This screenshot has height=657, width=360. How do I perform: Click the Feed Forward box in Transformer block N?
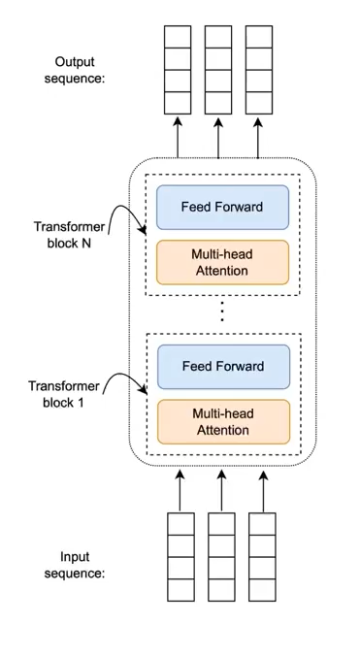pyautogui.click(x=222, y=207)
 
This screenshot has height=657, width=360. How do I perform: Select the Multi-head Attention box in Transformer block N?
pyautogui.click(x=222, y=262)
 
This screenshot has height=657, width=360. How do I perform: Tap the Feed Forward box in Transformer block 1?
pyautogui.click(x=222, y=366)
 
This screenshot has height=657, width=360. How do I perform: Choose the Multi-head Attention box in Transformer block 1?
pyautogui.click(x=222, y=421)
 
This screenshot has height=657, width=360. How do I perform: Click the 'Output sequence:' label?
pyautogui.click(x=80, y=70)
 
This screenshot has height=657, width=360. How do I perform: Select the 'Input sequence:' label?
pyautogui.click(x=82, y=565)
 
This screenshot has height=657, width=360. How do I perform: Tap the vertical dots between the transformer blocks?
pyautogui.click(x=222, y=312)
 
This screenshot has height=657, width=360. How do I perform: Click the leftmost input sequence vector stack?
pyautogui.click(x=180, y=557)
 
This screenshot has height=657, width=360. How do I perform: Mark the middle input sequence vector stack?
pyautogui.click(x=221, y=557)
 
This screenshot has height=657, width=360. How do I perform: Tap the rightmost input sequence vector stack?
pyautogui.click(x=262, y=557)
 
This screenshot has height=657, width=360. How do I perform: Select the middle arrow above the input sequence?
pyautogui.click(x=221, y=490)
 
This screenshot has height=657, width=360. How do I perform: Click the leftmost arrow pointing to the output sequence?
pyautogui.click(x=178, y=136)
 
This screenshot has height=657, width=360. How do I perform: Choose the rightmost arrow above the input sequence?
pyautogui.click(x=262, y=490)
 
